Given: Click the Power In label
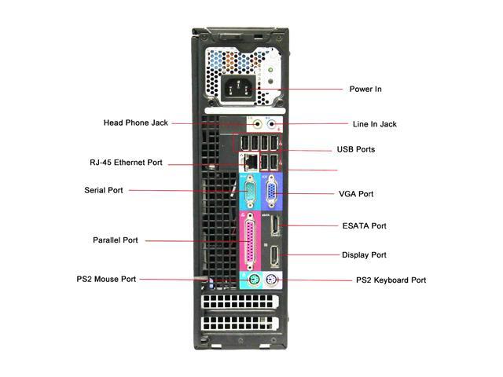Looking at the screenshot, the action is coord(365,89).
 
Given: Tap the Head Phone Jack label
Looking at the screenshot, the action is coord(136,123).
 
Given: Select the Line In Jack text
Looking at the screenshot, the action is coord(375,124).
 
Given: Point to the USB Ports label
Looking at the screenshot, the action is coord(356,149).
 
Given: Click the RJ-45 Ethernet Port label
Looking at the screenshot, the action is coord(126,163).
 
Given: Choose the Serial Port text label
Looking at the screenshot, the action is coord(104,190).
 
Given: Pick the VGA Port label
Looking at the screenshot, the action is coord(356,194).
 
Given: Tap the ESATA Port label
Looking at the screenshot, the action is coord(365,226).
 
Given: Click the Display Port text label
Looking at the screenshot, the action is coord(364,255).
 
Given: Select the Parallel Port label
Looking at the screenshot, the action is coord(116,240).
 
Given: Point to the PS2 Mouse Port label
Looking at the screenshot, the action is coord(106,280).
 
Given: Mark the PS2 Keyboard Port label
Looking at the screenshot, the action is coord(391,280).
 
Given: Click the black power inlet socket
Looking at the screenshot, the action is coord(239,88).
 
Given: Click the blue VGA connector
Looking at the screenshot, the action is coord(272,192).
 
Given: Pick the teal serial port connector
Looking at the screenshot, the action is coord(251,192).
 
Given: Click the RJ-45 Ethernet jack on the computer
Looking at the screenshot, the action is coord(251,161).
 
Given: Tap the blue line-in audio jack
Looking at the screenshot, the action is coord(272,124).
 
